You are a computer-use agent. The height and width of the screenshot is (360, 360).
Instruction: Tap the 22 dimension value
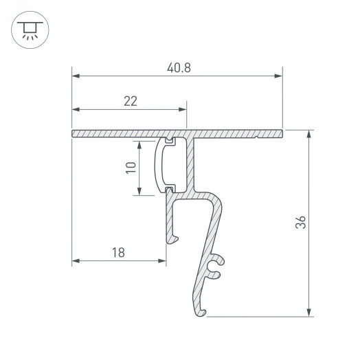point(131,101)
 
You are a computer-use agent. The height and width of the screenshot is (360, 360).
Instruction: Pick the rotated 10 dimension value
point(131,168)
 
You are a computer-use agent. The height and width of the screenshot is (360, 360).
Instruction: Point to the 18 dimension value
point(117,252)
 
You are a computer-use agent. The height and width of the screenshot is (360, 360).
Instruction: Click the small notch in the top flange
point(256,136)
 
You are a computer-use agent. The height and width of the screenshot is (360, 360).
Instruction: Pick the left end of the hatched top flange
point(74,132)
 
